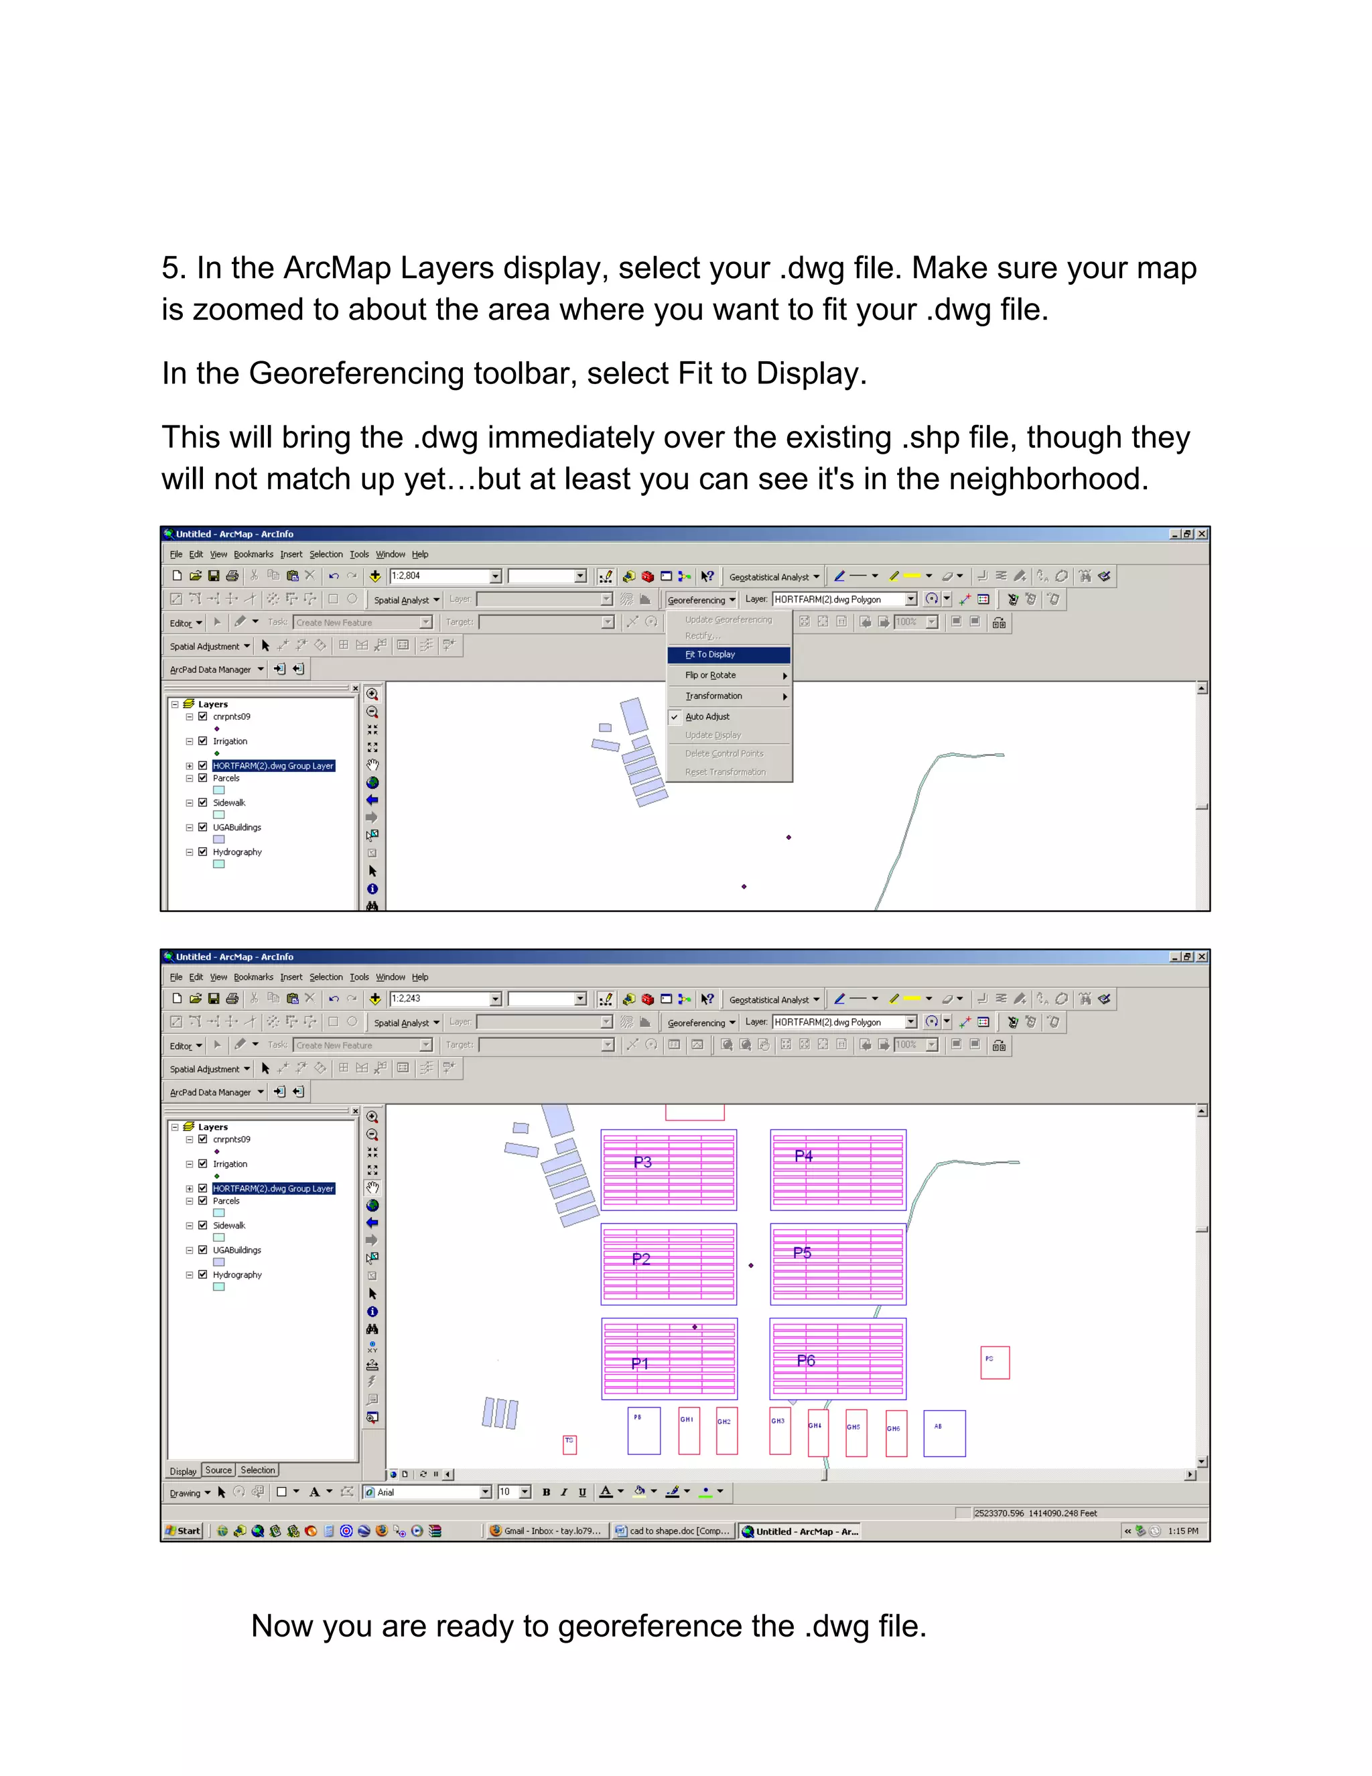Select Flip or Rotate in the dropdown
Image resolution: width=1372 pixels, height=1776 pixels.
(x=710, y=675)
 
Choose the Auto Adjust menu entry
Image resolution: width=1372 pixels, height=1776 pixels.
(x=707, y=716)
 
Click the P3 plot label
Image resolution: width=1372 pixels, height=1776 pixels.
(x=642, y=1162)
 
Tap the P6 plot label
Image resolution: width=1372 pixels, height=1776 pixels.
(x=805, y=1360)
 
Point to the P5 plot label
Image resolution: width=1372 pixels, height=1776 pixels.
(x=802, y=1253)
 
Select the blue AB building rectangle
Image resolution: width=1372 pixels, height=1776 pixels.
(x=945, y=1433)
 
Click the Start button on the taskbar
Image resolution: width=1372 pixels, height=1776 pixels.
(x=184, y=1531)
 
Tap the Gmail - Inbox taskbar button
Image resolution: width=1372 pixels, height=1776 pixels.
(x=546, y=1531)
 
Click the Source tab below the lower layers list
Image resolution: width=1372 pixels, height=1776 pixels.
(x=218, y=1470)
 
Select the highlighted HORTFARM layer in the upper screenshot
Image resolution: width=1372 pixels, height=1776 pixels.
(x=273, y=766)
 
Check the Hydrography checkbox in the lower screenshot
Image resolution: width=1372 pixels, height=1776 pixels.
(x=202, y=1274)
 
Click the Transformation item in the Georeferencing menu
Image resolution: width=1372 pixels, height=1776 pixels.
(x=713, y=696)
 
